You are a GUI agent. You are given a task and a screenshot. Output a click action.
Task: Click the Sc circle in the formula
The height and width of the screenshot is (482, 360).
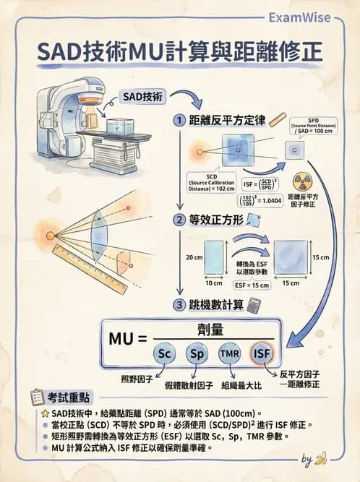[163, 353]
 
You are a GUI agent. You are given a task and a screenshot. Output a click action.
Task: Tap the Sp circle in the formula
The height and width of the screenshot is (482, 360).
[196, 353]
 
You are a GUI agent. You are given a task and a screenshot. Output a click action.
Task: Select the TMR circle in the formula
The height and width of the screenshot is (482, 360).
[229, 353]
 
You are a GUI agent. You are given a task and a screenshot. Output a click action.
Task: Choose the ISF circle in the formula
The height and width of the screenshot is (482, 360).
[262, 353]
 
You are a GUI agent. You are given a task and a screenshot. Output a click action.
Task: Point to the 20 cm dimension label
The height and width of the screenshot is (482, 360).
[193, 257]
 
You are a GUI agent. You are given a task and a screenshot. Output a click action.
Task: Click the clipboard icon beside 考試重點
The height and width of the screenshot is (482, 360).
[37, 397]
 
